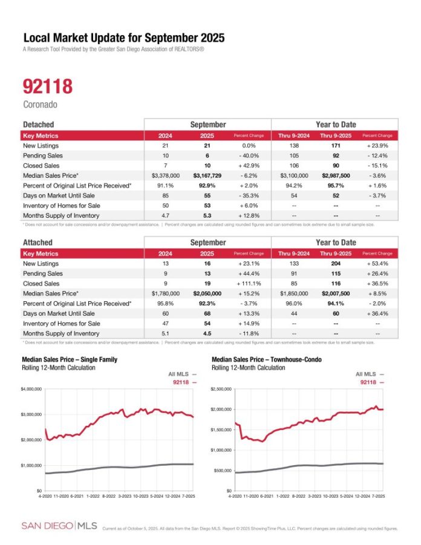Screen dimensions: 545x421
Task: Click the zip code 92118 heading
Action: coord(47,86)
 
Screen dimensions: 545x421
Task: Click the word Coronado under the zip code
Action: coord(40,104)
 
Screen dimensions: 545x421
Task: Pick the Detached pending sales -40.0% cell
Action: coord(249,155)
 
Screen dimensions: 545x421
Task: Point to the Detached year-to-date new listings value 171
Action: coord(334,146)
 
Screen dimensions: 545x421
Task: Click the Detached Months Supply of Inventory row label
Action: coord(61,215)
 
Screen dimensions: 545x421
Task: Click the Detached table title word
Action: coord(38,124)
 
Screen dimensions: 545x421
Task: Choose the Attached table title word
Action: coord(37,243)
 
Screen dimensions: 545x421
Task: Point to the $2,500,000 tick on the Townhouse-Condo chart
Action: coord(221,389)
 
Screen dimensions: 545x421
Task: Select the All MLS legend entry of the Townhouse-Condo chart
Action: coord(370,374)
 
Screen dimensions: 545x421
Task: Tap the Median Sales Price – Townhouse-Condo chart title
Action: coord(267,359)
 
